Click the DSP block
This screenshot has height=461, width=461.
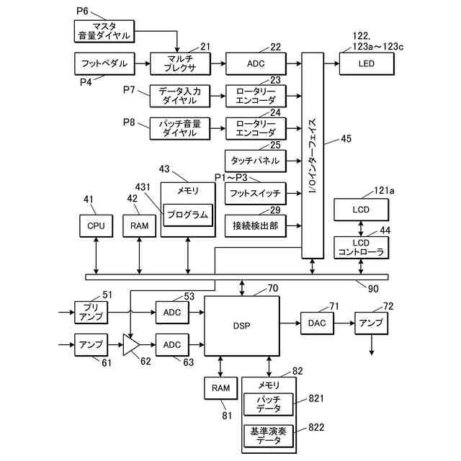point(241,325)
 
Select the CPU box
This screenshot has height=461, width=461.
point(96,225)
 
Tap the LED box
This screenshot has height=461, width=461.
point(367,63)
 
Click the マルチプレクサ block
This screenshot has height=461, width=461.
point(179,63)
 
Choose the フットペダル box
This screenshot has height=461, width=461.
point(104,63)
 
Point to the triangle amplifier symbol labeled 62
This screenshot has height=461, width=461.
point(131,345)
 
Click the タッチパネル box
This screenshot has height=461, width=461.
point(255,160)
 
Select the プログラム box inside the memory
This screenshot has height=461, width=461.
point(187,215)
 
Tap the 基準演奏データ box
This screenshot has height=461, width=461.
point(269,436)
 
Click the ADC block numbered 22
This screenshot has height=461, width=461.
point(254,63)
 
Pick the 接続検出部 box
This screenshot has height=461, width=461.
point(255,225)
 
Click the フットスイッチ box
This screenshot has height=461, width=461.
point(255,193)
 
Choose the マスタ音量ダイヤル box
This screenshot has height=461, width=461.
point(104,30)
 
